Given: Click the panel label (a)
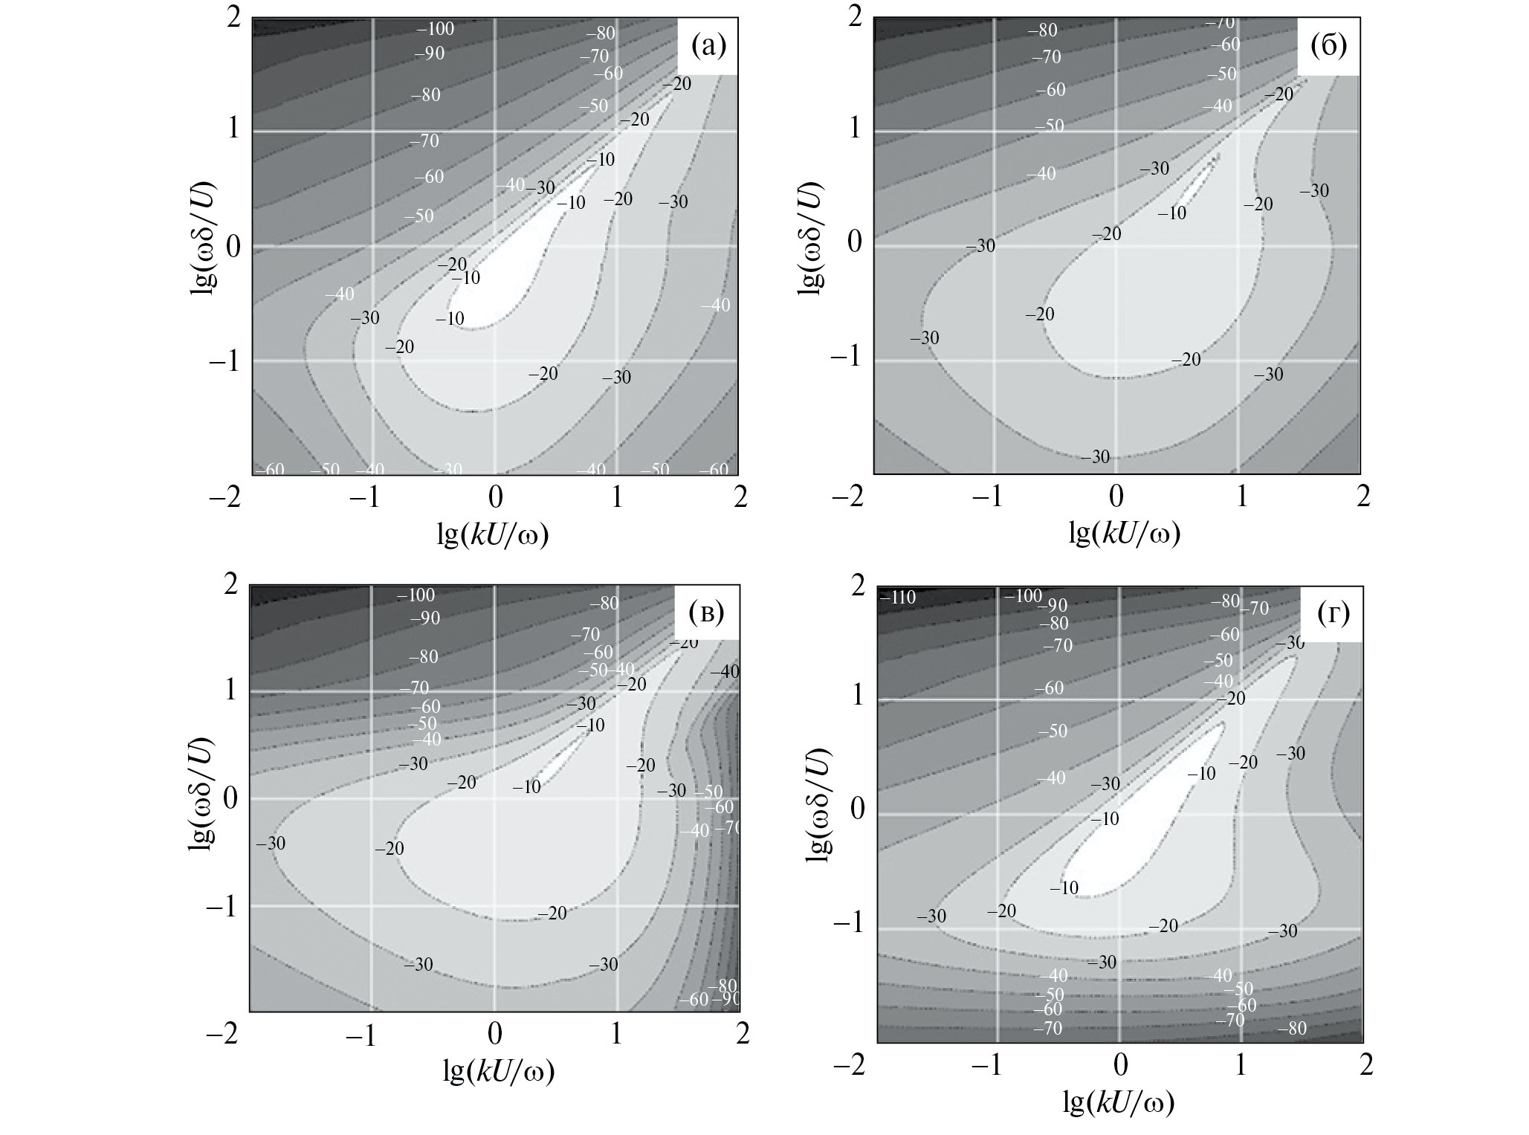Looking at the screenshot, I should (x=708, y=47).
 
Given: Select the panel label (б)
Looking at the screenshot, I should (x=1328, y=47).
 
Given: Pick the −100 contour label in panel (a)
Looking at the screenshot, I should (x=435, y=30).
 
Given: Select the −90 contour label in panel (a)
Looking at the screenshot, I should (x=429, y=54).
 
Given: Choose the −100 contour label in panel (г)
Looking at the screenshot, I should (x=1024, y=596).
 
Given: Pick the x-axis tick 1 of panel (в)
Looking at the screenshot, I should (x=616, y=1035).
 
